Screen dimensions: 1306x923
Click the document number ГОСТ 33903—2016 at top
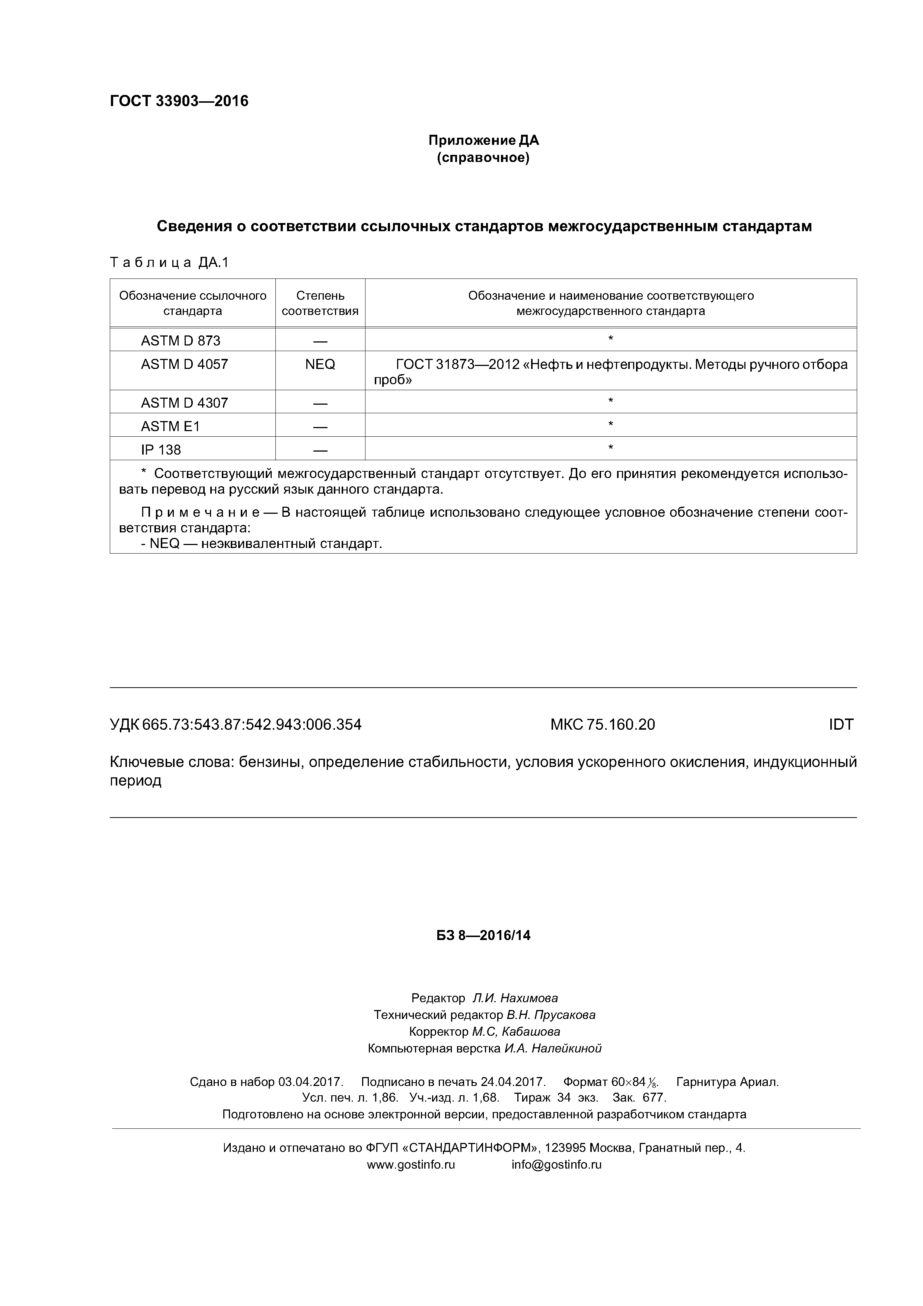pyautogui.click(x=179, y=101)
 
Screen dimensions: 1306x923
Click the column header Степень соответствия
pyautogui.click(x=320, y=303)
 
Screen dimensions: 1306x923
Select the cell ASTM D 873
pyautogui.click(x=181, y=341)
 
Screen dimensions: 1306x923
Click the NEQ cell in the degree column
pyautogui.click(x=320, y=364)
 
